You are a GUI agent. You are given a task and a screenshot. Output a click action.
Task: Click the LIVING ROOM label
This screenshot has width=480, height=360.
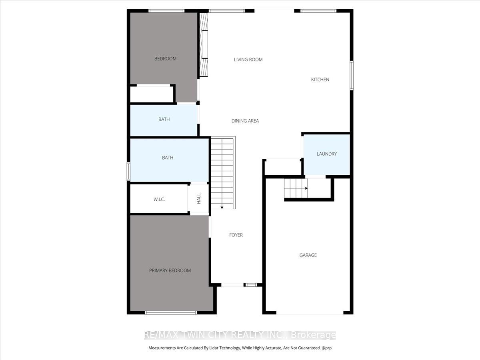(x=248, y=60)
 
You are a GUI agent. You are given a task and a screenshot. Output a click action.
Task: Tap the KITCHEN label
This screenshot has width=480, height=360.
(x=320, y=80)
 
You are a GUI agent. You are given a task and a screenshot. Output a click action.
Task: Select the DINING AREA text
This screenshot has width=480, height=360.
(x=245, y=121)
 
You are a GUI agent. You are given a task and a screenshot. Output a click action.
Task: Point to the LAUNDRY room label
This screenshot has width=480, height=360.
(x=327, y=154)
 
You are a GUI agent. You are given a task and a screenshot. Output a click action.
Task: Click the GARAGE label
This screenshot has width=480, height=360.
(x=308, y=255)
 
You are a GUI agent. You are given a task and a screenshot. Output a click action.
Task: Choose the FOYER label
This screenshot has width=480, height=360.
(x=236, y=235)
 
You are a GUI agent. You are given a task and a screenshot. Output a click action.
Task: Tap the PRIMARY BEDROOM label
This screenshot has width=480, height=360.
(x=170, y=271)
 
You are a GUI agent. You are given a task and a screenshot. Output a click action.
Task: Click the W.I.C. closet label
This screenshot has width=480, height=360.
(x=159, y=199)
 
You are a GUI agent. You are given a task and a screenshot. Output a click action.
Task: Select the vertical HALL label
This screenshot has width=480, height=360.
(x=199, y=199)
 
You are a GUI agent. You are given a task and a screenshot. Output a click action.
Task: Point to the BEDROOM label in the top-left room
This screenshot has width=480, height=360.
(x=165, y=58)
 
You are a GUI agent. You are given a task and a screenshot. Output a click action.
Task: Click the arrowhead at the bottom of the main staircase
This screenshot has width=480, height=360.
(x=222, y=208)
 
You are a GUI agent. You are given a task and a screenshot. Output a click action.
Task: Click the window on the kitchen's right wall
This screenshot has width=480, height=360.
(x=352, y=76)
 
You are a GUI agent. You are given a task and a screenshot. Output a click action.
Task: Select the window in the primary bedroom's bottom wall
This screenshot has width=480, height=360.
(x=170, y=313)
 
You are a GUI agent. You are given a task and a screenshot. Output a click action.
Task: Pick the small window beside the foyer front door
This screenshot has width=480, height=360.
(x=251, y=285)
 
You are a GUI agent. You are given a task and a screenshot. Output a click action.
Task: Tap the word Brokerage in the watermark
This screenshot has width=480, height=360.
(x=313, y=335)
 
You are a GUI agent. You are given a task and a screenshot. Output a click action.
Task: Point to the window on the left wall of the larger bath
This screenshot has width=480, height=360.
(x=128, y=171)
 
